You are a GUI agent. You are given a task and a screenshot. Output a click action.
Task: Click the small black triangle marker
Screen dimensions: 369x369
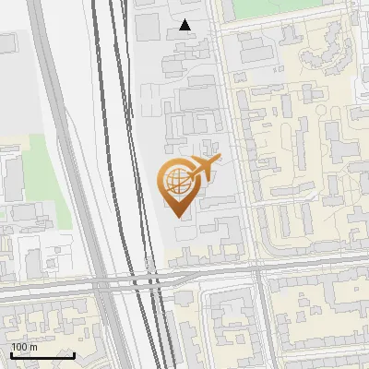(x=185, y=25)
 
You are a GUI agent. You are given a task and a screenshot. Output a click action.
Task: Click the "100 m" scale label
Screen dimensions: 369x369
(x=24, y=347)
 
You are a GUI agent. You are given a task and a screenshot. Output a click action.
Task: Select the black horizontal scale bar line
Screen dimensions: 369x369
(x=42, y=354)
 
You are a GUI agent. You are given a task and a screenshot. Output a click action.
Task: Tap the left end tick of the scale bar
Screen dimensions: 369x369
(x=10, y=352)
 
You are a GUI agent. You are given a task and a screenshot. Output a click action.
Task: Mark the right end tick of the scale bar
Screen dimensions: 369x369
(x=74, y=352)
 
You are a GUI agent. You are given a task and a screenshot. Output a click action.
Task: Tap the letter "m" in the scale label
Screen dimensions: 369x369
(x=32, y=347)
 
